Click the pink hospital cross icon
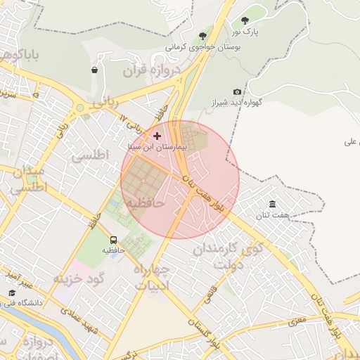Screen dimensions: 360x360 tap(156, 135)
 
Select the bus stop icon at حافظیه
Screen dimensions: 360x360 tap(113, 239)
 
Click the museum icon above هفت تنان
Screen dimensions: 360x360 tap(272, 204)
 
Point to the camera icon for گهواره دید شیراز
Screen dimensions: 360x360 tap(237, 92)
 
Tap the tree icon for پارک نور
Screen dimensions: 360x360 tap(245, 21)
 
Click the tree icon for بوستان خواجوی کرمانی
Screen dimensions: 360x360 tap(202, 35)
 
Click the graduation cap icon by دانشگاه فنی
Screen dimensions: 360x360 tap(12, 293)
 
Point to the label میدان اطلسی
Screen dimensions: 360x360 tap(28, 180)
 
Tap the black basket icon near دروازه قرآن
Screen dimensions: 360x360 tap(94, 70)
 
